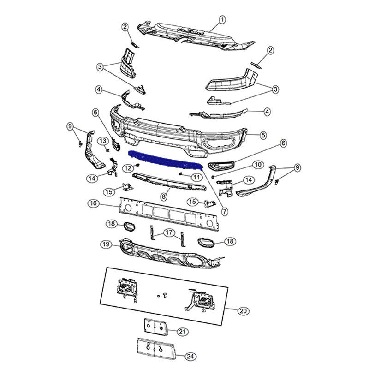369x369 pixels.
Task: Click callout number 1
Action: [222, 19]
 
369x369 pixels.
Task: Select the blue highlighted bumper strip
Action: [165, 160]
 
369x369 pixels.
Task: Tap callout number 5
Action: [263, 135]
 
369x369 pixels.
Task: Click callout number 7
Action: [225, 211]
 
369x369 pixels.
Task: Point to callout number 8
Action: [164, 196]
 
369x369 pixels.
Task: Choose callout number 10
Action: [258, 165]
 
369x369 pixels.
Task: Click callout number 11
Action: [197, 177]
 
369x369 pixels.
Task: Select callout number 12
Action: [128, 168]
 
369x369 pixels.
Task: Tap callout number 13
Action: [103, 141]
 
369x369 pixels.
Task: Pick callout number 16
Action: [94, 203]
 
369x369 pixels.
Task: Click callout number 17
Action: [169, 233]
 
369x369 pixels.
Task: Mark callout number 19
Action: [106, 244]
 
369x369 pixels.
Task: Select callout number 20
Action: [243, 311]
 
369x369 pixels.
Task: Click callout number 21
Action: [182, 332]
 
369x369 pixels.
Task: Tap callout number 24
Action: [190, 357]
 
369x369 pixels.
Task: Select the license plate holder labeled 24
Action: [156, 349]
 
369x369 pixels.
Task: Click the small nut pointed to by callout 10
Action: [213, 177]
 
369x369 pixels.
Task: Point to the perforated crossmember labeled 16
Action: [169, 214]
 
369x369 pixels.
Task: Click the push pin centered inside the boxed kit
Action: [165, 295]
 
